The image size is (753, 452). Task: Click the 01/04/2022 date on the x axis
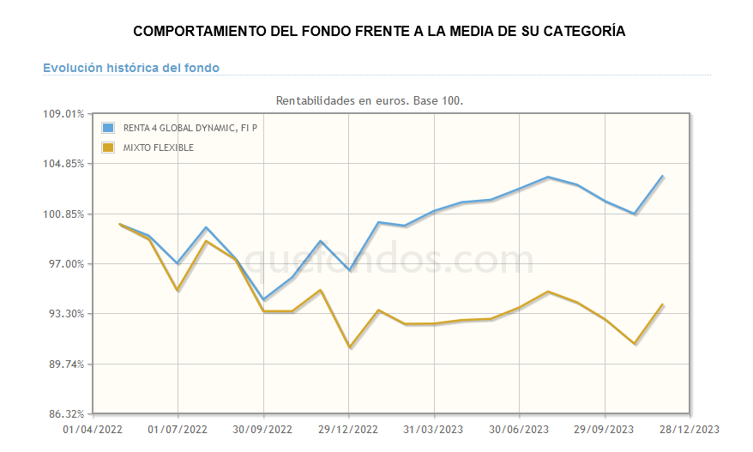coord(93,429)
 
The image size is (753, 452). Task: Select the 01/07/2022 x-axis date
coord(178,429)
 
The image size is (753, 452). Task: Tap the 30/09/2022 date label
coord(263,429)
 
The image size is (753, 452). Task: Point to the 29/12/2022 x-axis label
coord(348,429)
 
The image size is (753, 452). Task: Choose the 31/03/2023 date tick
coord(434,429)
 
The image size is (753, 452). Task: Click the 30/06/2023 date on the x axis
coord(519,429)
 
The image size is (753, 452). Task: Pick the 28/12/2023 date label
coord(690,429)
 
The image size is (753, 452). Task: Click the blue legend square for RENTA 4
coord(108,128)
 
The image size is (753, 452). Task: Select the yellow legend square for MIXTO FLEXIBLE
coord(108,148)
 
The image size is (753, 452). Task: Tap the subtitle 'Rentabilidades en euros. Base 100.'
coord(369,100)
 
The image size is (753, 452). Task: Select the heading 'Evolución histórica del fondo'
coord(131,67)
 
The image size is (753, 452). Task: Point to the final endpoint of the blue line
coord(663,176)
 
